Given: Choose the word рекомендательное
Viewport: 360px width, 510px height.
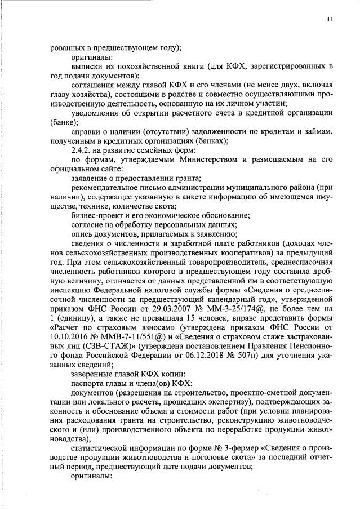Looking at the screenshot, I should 106,187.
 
